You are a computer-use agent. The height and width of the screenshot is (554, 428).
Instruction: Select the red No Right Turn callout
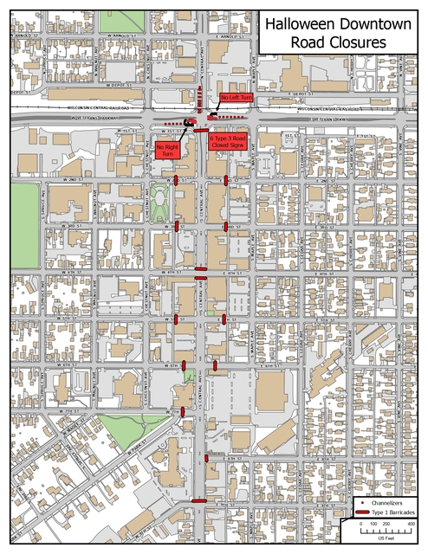click(x=167, y=150)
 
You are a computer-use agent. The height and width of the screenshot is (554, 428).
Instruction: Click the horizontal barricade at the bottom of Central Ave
click(x=198, y=500)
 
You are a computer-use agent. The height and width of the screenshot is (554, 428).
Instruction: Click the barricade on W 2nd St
click(x=176, y=180)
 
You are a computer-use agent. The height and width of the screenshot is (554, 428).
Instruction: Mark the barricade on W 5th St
click(x=176, y=319)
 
